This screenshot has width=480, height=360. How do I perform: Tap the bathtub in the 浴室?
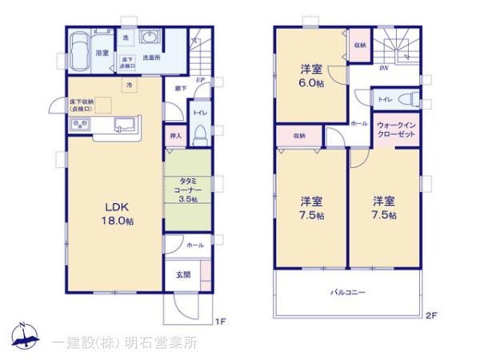pos(82,52)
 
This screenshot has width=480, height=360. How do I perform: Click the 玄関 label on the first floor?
pos(183,274)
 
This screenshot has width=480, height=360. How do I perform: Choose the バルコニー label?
pos(348,294)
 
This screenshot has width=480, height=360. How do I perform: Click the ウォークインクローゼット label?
pos(396,130)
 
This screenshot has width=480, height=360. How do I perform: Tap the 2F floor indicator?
pos(431,314)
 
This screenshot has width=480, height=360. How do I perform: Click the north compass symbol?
pos(25,337)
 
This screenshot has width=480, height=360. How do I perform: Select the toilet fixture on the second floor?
pos(408,100)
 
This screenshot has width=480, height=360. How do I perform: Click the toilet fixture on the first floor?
pos(201,133)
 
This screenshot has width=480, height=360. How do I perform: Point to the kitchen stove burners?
pos(81,124)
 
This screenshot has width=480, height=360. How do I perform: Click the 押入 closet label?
pos(177,136)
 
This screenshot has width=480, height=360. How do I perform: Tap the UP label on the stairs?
pos(200,79)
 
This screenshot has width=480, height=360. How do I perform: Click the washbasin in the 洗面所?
pos(150,38)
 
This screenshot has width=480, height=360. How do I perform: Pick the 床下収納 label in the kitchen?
pos(81,105)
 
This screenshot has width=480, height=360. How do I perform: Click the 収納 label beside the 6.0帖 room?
pos(359,46)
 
